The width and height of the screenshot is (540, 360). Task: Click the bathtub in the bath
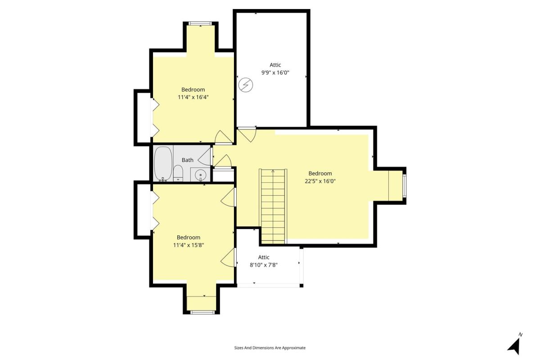pyautogui.click(x=163, y=163)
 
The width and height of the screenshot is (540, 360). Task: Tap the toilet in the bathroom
pyautogui.click(x=178, y=173)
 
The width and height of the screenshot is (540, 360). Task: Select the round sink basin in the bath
pyautogui.click(x=200, y=174)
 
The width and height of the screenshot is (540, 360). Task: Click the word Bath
pyautogui.click(x=187, y=160)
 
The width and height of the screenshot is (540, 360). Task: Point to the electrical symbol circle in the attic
pyautogui.click(x=246, y=85)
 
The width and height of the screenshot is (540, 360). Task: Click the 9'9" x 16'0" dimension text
pyautogui.click(x=275, y=72)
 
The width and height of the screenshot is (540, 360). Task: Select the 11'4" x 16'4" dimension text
pyautogui.click(x=193, y=97)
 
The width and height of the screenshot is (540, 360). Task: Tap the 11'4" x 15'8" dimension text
pyautogui.click(x=189, y=245)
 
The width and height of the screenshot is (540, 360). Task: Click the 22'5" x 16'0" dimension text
pyautogui.click(x=320, y=181)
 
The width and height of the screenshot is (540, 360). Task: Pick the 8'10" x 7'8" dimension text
pyautogui.click(x=264, y=265)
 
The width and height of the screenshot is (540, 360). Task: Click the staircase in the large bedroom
pyautogui.click(x=273, y=206)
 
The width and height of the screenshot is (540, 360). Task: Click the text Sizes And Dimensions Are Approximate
pyautogui.click(x=270, y=348)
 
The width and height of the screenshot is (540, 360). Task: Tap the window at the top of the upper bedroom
pyautogui.click(x=201, y=23)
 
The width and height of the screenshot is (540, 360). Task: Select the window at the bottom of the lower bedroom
pyautogui.click(x=202, y=312)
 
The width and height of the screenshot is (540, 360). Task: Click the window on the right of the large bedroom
pyautogui.click(x=404, y=186)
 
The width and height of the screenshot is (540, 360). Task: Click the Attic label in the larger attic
pyautogui.click(x=275, y=65)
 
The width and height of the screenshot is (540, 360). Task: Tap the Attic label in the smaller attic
pyautogui.click(x=264, y=257)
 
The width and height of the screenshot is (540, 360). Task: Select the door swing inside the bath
pyautogui.click(x=205, y=156)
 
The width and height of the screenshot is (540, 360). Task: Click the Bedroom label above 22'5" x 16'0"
pyautogui.click(x=320, y=173)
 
